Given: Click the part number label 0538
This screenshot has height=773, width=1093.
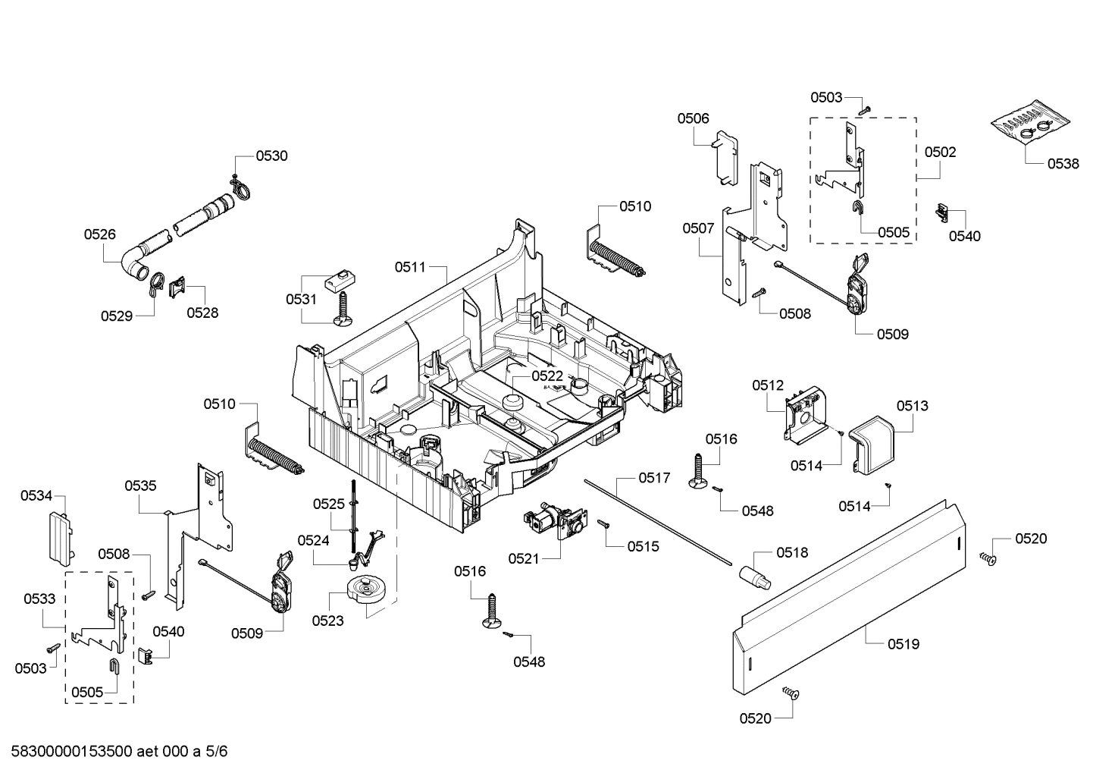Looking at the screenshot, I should [1063, 163].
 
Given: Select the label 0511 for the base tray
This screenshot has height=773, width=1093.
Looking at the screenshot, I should [410, 267].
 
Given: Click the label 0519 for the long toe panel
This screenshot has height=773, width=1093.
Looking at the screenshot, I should [903, 644].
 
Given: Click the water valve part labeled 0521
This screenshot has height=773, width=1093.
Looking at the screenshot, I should [553, 523].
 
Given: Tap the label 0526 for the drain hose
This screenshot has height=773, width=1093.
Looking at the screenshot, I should [99, 234].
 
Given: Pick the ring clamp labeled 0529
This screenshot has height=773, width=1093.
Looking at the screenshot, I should [156, 282].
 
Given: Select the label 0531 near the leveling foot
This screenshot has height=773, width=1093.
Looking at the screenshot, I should [301, 299].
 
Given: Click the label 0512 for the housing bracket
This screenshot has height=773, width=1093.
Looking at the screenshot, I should [767, 385].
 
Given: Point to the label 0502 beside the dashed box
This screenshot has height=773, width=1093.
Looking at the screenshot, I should [940, 152].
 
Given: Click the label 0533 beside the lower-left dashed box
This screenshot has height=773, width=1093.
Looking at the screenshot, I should [39, 599].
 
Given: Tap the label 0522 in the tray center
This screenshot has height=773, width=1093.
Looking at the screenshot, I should [546, 376].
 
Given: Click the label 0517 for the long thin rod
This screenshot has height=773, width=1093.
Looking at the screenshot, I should [653, 478].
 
